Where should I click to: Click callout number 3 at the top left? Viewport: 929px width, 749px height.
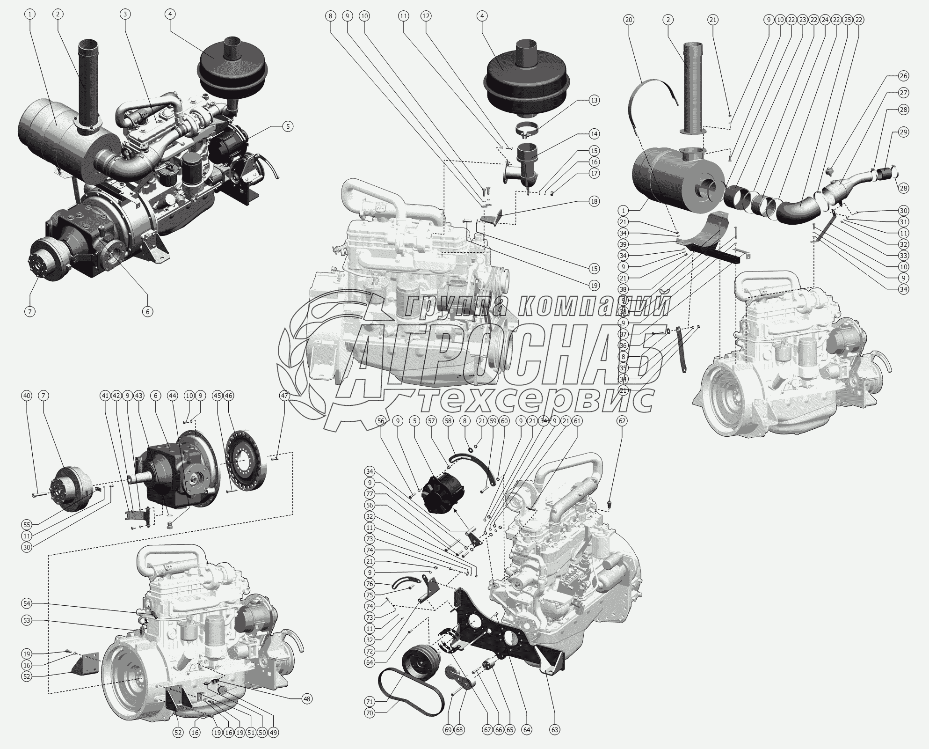(124, 14)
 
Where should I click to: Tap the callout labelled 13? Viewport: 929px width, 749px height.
(594, 100)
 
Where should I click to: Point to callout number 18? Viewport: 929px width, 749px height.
(594, 202)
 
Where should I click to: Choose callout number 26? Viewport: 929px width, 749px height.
(903, 76)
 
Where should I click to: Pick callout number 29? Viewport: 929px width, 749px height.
(903, 132)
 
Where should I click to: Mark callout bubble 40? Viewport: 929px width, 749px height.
(27, 396)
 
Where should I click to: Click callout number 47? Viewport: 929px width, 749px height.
(285, 396)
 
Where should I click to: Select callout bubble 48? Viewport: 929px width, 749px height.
(306, 712)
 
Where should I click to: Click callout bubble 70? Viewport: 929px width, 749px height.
(370, 727)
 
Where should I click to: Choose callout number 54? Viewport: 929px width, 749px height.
(27, 603)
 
